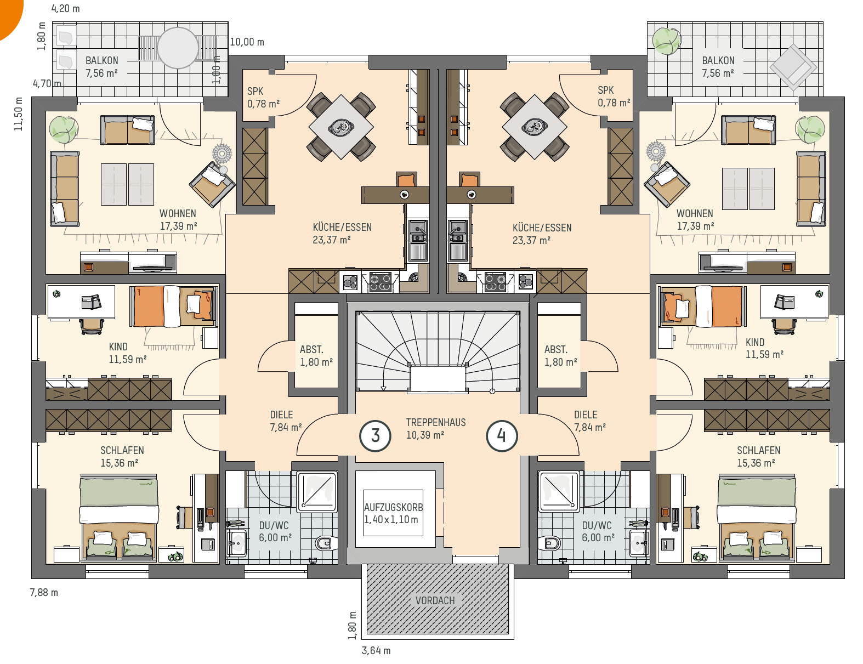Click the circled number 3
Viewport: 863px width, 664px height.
click(x=375, y=436)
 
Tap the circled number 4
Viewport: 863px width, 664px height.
click(x=502, y=436)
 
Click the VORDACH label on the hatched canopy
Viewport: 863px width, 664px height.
click(x=435, y=600)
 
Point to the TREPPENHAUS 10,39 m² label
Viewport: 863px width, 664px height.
click(x=436, y=429)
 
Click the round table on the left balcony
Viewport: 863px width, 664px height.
click(x=178, y=48)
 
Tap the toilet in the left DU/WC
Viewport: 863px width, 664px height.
click(x=326, y=543)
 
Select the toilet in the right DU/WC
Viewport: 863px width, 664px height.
click(x=549, y=543)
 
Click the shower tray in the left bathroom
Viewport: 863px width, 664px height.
click(x=317, y=491)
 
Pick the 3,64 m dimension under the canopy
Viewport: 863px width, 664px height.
click(x=376, y=650)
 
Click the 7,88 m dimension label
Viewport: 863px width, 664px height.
click(x=44, y=593)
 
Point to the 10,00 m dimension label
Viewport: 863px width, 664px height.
click(x=247, y=42)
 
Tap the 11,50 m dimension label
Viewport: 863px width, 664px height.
click(x=19, y=113)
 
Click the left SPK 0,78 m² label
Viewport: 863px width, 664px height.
click(x=263, y=97)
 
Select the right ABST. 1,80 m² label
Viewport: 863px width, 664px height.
click(x=560, y=356)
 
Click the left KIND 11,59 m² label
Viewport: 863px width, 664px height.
click(x=128, y=353)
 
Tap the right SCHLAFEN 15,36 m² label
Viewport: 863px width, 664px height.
click(x=758, y=456)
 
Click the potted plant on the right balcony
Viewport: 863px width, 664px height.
click(x=667, y=41)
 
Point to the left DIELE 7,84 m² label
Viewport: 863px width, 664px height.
click(x=286, y=421)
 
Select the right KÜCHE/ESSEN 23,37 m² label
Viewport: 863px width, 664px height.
click(x=542, y=234)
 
